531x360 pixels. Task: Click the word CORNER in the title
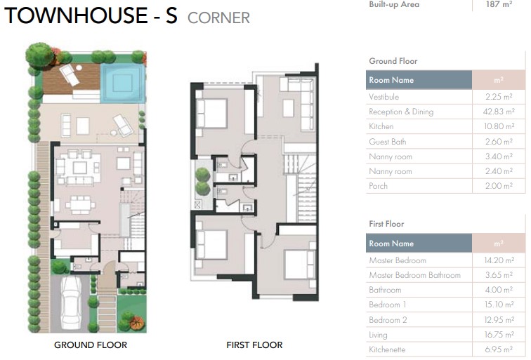coord(218,18)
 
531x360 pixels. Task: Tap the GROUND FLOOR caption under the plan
coord(91,345)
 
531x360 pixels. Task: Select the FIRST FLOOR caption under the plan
coord(254,345)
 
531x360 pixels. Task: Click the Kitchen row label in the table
coord(381,127)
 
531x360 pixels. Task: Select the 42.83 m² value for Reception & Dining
coord(499,112)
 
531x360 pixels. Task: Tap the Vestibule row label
coord(383,98)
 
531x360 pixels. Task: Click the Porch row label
coord(378,187)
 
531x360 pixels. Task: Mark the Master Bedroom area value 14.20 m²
coord(499,261)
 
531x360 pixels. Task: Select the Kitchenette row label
coord(387,349)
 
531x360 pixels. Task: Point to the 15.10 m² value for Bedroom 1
coord(499,305)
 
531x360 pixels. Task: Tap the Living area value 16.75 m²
coord(499,335)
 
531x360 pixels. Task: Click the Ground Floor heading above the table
coord(393,62)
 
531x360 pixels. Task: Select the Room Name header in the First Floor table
coord(391,244)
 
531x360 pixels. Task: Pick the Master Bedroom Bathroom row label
coord(414,276)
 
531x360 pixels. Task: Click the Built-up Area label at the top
coord(394,4)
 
